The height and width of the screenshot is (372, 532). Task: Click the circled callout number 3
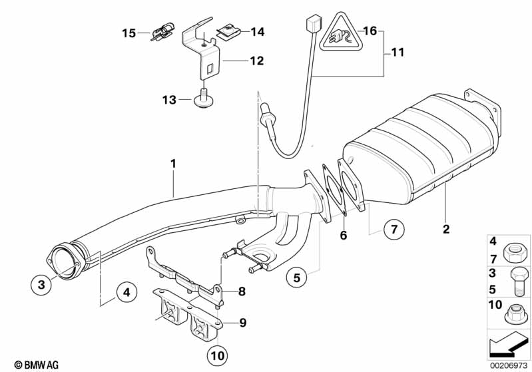(x=41, y=285)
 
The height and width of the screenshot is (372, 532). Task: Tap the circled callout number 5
(x=298, y=277)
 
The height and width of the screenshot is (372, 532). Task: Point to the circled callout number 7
(x=393, y=230)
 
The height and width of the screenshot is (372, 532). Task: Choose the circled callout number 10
(x=218, y=356)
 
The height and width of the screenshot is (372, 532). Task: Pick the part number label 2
(x=445, y=230)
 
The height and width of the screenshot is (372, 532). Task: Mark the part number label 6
(x=344, y=234)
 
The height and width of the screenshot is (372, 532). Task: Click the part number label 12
(x=256, y=61)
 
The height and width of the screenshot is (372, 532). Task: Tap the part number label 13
(x=168, y=100)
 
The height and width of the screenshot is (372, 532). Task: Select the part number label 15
(x=128, y=32)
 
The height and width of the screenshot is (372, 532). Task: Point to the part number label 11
(x=398, y=53)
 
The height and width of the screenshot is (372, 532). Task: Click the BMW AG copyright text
(x=31, y=365)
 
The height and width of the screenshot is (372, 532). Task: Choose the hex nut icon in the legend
(x=513, y=251)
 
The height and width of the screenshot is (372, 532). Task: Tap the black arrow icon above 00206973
(x=509, y=344)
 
